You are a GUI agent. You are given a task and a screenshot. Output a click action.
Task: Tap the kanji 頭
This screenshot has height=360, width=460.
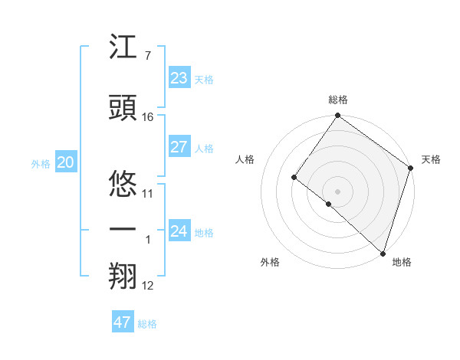coord(123,109)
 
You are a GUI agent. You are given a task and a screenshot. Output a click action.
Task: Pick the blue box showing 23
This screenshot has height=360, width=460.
coord(179,78)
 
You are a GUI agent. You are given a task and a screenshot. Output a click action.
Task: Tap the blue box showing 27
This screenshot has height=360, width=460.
coord(179,147)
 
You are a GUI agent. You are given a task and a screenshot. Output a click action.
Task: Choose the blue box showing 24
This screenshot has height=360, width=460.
coord(179,231)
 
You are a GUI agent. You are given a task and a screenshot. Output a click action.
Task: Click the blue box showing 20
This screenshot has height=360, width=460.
coord(65,162)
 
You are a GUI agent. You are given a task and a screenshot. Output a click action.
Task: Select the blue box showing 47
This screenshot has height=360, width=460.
coord(122,322)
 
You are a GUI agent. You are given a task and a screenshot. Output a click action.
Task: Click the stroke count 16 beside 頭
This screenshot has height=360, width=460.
coord(148,117)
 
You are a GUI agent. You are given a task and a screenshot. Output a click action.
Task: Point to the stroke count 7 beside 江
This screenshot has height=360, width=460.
coord(147,56)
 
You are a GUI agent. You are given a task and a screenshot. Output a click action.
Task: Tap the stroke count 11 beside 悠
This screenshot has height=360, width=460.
coord(148,193)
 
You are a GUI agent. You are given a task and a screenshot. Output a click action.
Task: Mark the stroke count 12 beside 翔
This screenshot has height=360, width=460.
coord(148,286)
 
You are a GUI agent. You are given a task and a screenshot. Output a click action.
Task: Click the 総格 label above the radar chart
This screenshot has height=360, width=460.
coord(337,100)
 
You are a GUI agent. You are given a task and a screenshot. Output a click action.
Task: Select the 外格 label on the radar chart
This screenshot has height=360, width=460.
coord(270,262)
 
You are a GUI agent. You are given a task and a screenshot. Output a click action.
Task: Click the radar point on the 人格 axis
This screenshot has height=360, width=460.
coord(294,178)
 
